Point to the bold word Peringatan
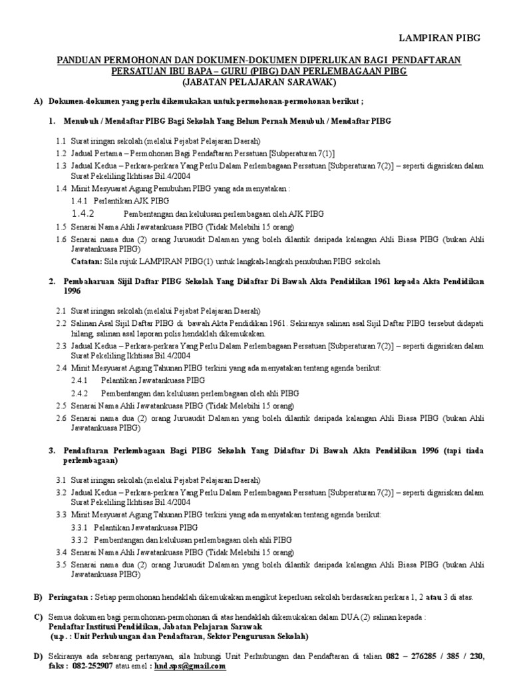coord(72,597)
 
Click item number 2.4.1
coord(79,381)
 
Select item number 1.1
coord(61,142)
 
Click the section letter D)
coord(39,656)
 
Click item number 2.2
coord(61,323)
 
